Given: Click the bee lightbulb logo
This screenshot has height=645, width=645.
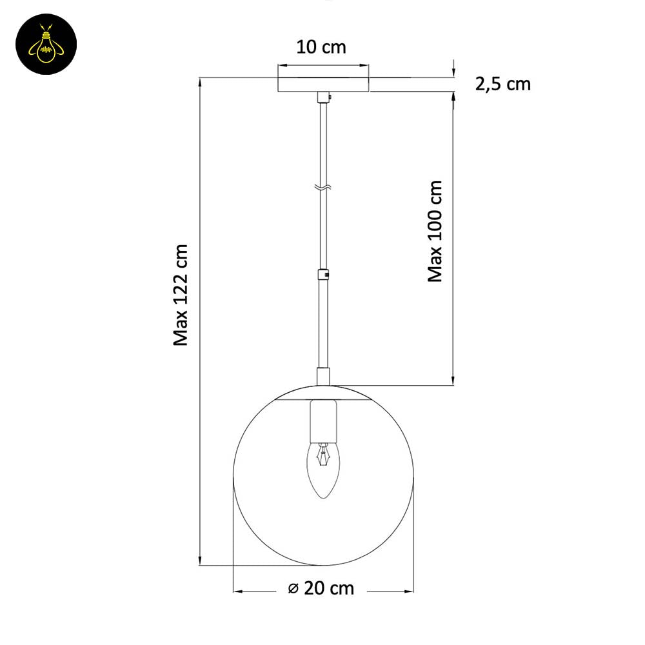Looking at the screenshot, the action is (46, 44).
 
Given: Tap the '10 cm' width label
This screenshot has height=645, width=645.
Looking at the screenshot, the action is (321, 47).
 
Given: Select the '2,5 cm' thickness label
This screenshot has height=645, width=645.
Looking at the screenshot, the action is (502, 84).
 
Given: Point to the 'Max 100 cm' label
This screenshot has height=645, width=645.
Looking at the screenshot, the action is (435, 231).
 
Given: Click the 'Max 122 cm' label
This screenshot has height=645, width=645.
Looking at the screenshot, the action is (181, 295).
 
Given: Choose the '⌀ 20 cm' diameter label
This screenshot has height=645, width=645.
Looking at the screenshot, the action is (321, 588).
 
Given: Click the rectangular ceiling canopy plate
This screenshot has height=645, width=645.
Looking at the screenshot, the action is (323, 84).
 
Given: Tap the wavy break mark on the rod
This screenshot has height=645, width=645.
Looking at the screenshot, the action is (323, 188).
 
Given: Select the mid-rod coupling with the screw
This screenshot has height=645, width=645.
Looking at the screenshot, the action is (323, 274).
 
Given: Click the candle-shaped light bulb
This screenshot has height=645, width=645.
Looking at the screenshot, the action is (324, 470).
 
